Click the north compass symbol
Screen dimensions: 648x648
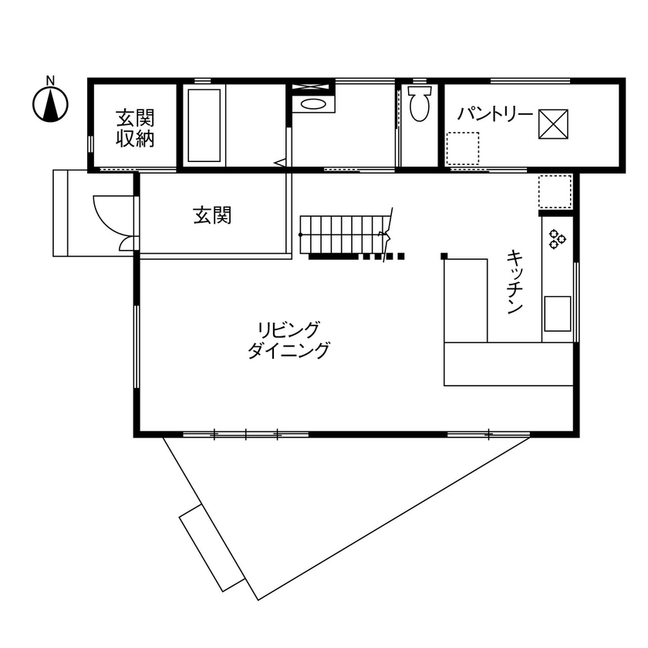[x=51, y=105]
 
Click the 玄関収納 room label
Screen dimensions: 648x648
[x=136, y=128]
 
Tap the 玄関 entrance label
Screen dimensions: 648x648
[x=212, y=216]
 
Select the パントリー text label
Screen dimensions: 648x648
[x=494, y=115]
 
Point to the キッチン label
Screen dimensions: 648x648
[x=514, y=282]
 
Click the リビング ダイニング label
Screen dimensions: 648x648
[x=289, y=340]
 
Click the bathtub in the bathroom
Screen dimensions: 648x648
[x=204, y=125]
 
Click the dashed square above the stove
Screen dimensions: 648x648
[x=555, y=193]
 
